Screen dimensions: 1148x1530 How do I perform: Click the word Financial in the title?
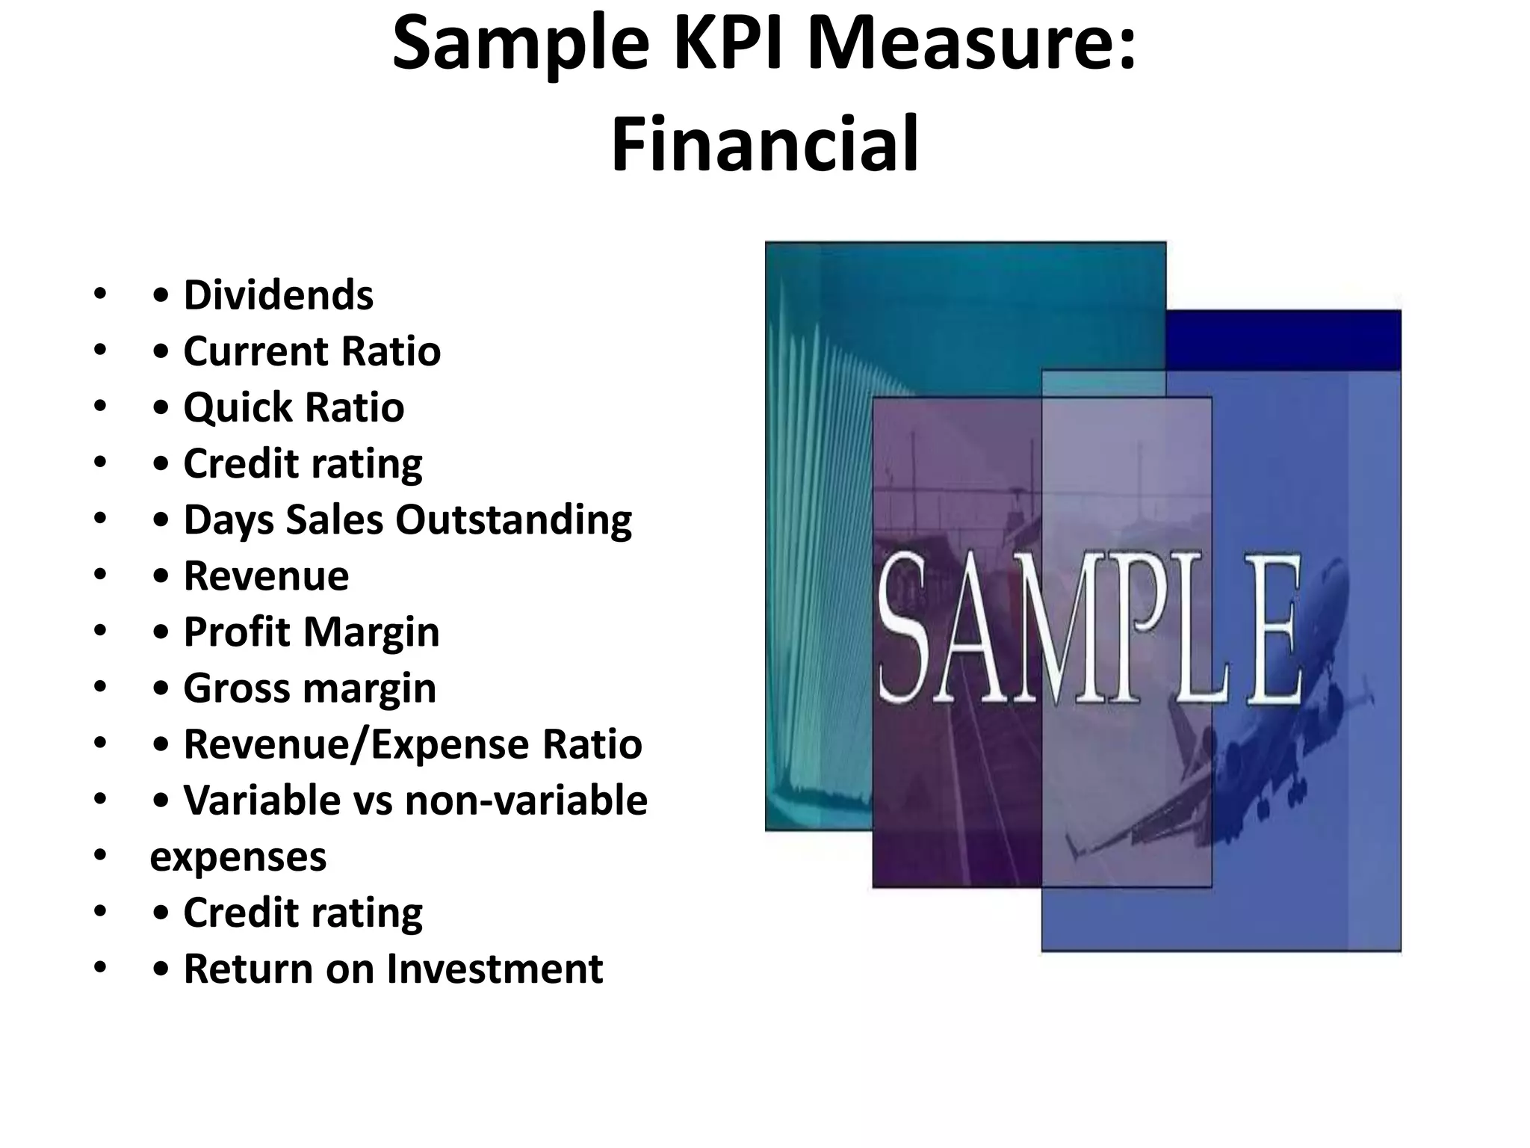765,143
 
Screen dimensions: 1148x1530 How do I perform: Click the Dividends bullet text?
278,294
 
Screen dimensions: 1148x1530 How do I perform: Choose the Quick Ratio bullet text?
294,407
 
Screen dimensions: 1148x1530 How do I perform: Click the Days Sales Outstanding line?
407,519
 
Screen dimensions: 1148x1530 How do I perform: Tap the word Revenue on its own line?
266,575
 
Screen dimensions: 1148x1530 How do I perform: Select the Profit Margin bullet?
311,632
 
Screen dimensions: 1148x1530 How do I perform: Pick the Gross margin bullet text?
309,688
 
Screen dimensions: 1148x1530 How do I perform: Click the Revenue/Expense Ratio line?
412,744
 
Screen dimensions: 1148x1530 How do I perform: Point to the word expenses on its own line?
238,857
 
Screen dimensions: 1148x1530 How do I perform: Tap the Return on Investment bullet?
393,969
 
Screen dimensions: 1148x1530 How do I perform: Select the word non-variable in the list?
526,800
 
